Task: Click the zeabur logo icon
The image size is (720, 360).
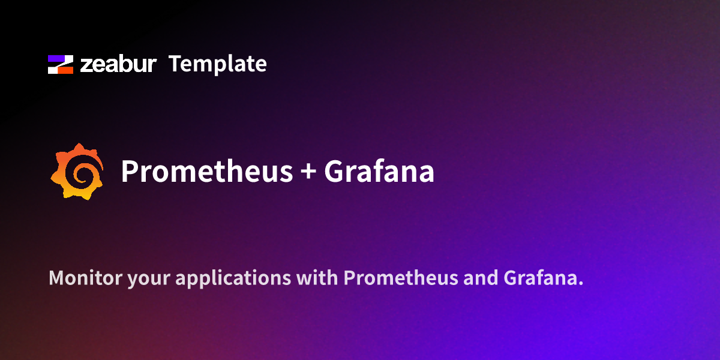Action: [x=61, y=64]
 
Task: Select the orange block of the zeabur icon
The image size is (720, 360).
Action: [x=65, y=70]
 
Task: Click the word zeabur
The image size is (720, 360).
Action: [x=118, y=64]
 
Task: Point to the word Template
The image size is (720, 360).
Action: [x=217, y=64]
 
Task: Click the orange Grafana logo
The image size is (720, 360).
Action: [x=76, y=172]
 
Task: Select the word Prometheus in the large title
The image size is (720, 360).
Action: [x=206, y=172]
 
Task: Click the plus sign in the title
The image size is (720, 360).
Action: [x=307, y=172]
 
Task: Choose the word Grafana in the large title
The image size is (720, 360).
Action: [x=379, y=172]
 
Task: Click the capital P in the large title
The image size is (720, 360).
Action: [x=129, y=172]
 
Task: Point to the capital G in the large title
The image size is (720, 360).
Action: [x=334, y=172]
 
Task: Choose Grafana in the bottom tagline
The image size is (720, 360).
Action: [x=542, y=278]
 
